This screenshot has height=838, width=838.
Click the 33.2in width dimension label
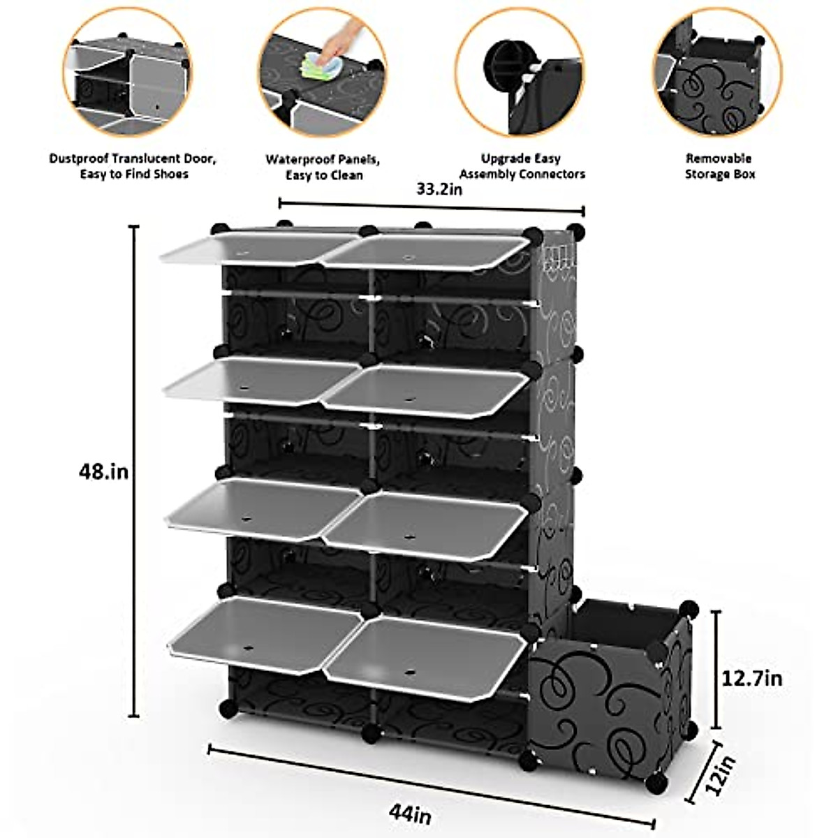pyautogui.click(x=439, y=189)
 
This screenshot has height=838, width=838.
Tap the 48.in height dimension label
pyautogui.click(x=103, y=472)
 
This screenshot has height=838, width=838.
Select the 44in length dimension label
pyautogui.click(x=411, y=814)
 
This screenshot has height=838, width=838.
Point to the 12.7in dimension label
pyautogui.click(x=752, y=677)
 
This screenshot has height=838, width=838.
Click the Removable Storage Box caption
pyautogui.click(x=719, y=167)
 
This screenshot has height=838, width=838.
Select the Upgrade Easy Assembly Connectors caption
pyautogui.click(x=522, y=167)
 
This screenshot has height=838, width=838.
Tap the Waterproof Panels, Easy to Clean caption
pyautogui.click(x=323, y=168)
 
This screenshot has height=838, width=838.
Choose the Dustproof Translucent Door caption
pyautogui.click(x=133, y=166)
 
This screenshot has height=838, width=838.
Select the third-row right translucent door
pyautogui.click(x=426, y=524)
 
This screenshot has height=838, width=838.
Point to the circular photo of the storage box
pyautogui.click(x=717, y=72)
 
